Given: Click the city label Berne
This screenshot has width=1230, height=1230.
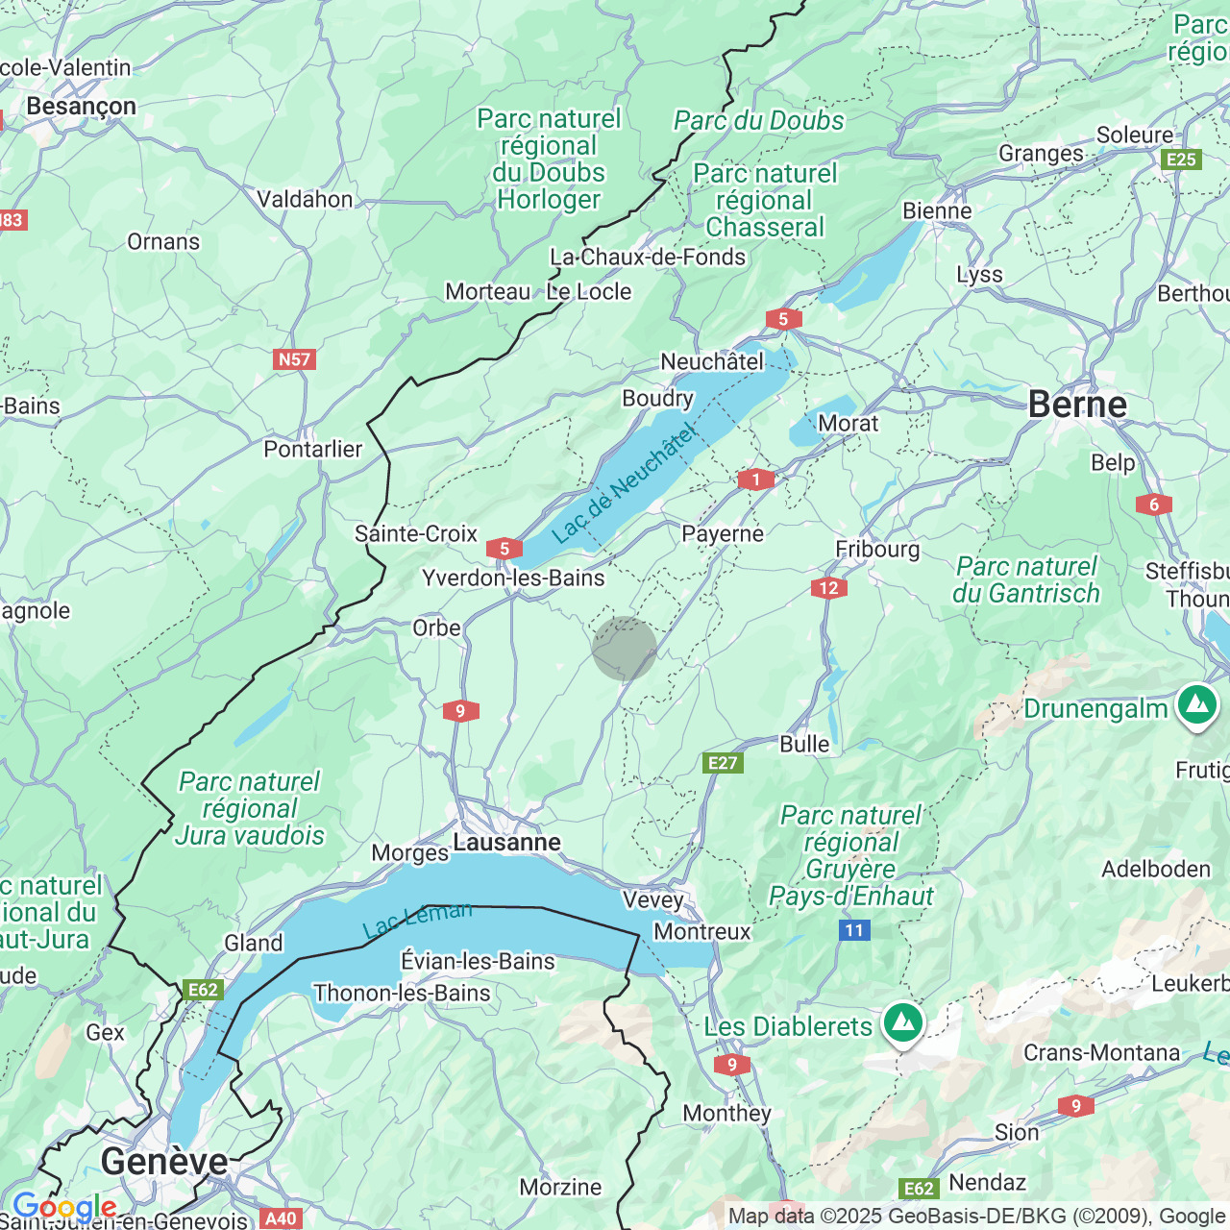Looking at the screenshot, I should click(x=1077, y=405).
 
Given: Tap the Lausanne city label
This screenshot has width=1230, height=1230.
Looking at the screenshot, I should click(x=506, y=843).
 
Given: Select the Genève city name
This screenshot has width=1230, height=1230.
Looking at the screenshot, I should click(x=164, y=1162).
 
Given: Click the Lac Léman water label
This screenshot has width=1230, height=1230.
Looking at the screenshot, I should click(x=417, y=920).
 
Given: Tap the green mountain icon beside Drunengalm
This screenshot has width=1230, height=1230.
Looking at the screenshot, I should click(x=1196, y=705).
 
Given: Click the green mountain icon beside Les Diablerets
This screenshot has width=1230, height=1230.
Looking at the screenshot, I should click(x=902, y=1023).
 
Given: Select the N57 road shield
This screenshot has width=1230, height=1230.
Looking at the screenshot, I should click(x=294, y=359).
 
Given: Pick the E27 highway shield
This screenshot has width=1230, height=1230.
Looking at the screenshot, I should click(x=723, y=763).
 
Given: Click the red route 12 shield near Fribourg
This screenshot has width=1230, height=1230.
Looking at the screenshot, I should click(x=828, y=588).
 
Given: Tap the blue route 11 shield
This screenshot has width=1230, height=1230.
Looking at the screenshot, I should click(x=854, y=929).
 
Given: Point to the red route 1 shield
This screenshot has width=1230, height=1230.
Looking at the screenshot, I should click(x=756, y=480).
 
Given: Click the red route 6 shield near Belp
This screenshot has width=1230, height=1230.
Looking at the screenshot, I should click(x=1154, y=504).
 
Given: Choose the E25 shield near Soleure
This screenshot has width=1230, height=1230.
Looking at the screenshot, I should click(x=1181, y=160).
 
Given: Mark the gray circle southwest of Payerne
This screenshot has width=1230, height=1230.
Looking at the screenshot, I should click(x=625, y=649).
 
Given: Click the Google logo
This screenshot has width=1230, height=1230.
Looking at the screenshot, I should click(x=65, y=1207).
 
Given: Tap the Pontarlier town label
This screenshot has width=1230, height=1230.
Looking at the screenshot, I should click(x=313, y=449).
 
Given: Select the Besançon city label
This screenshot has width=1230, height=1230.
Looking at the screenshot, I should click(x=82, y=106).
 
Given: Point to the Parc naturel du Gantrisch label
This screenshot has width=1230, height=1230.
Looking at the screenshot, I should click(x=1026, y=580).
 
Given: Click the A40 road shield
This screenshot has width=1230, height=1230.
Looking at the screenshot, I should click(x=281, y=1218).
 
